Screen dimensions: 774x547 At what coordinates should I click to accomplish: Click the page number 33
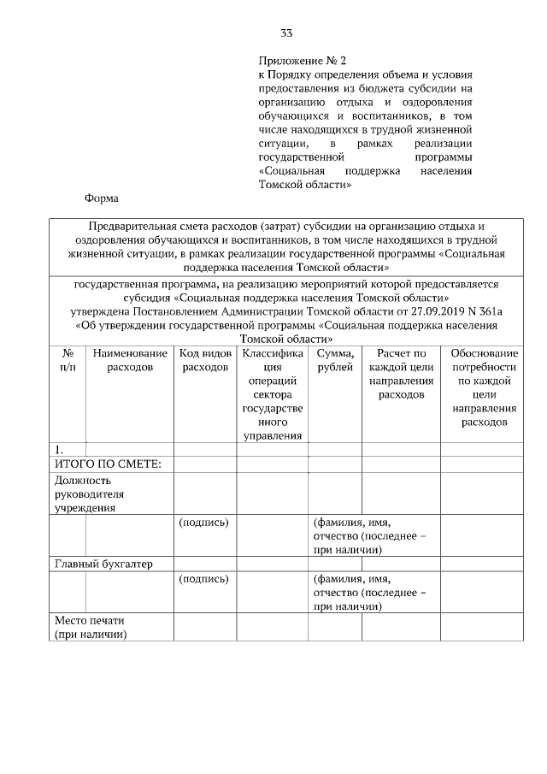click(286, 33)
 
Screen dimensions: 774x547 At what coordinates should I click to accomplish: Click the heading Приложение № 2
click(303, 62)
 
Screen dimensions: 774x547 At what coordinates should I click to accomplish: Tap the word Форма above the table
click(100, 198)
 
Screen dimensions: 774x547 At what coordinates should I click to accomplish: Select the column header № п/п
click(68, 360)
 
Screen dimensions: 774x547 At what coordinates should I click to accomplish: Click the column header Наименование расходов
click(130, 360)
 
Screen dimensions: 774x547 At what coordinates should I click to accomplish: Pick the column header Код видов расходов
click(205, 360)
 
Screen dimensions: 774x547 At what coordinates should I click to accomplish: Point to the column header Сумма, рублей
click(334, 360)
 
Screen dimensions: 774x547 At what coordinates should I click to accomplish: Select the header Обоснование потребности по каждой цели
click(484, 387)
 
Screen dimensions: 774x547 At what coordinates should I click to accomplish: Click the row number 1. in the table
click(59, 450)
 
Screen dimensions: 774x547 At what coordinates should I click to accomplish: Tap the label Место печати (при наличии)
click(90, 627)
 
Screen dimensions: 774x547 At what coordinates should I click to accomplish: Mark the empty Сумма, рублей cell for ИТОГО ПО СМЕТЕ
click(334, 464)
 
